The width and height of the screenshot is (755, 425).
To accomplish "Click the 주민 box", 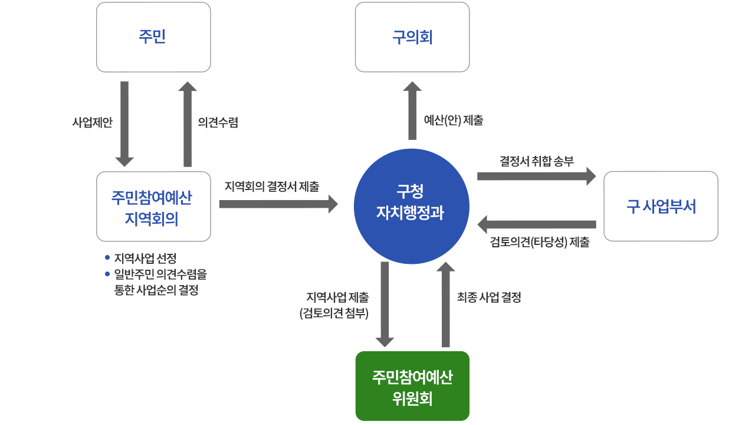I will tap(153, 37).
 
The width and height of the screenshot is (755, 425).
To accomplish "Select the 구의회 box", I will tap(412, 37).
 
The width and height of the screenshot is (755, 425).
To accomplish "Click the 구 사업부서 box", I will tap(661, 207).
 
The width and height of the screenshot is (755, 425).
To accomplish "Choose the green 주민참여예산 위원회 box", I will tap(412, 386).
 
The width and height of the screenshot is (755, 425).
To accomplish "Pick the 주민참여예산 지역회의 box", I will tap(153, 207).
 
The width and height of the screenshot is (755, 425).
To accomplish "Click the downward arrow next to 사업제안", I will tap(124, 123).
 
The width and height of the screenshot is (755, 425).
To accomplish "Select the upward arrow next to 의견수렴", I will tap(188, 123).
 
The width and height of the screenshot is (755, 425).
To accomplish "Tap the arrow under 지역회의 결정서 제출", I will tap(278, 204).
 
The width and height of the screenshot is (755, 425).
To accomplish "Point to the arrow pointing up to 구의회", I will tap(412, 110).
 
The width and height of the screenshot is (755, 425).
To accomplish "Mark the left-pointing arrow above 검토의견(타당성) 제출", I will tap(536, 224).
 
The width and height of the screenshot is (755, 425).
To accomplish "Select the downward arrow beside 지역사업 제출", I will tap(385, 304).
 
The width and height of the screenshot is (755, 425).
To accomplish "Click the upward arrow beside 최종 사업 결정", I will tap(445, 304).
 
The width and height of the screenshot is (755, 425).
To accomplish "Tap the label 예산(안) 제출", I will tap(454, 120).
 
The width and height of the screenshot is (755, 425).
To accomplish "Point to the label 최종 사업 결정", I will tap(489, 298).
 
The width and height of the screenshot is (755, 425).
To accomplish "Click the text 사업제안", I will tap(92, 122).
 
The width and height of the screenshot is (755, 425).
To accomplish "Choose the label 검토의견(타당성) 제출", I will tap(539, 242).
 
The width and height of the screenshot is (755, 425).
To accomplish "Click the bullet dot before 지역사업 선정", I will tap(107, 258).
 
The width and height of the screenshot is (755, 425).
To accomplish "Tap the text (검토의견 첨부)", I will tap(334, 313).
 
